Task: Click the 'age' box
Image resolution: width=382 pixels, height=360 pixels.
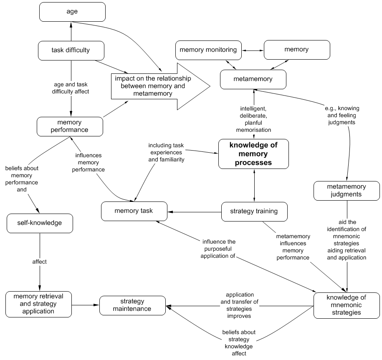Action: (x=72, y=12)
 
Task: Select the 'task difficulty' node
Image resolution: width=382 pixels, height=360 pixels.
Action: (x=71, y=50)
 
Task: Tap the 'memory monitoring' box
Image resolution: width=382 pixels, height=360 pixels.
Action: (x=208, y=50)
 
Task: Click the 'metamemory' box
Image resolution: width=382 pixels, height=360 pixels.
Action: (x=253, y=79)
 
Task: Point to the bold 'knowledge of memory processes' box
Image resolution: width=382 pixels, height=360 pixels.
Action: (x=253, y=154)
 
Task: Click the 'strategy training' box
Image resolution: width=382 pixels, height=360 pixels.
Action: (x=254, y=211)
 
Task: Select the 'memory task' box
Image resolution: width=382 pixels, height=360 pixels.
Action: (x=134, y=211)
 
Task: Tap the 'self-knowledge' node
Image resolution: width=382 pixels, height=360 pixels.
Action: (x=40, y=223)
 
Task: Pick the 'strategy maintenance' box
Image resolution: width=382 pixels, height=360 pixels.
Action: (x=132, y=305)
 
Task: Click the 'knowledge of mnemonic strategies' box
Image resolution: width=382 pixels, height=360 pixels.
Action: (x=346, y=305)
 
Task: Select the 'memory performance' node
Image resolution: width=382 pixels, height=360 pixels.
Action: (x=70, y=126)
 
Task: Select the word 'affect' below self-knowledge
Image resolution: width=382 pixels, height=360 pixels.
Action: (x=40, y=262)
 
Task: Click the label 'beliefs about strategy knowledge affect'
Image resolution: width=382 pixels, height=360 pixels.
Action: (x=239, y=342)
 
